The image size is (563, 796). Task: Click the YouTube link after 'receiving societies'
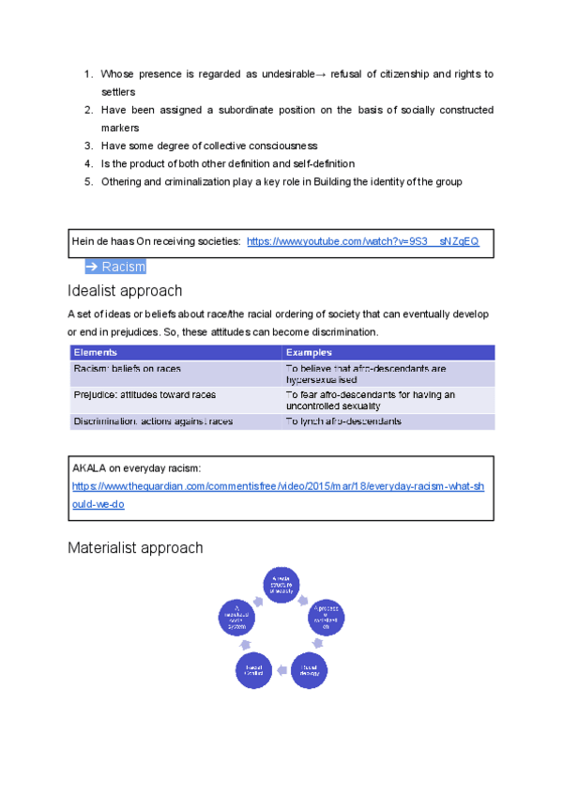click(x=362, y=242)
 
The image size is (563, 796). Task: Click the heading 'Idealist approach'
click(x=125, y=290)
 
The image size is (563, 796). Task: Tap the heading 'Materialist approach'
click(x=135, y=547)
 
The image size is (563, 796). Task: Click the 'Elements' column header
click(x=95, y=352)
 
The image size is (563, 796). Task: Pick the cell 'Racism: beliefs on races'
click(x=127, y=369)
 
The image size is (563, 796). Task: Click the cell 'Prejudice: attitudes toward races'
click(x=144, y=395)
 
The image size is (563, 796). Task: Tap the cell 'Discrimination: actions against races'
click(x=153, y=421)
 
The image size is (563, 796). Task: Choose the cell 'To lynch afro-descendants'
click(x=343, y=421)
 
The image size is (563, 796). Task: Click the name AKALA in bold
click(x=90, y=467)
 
